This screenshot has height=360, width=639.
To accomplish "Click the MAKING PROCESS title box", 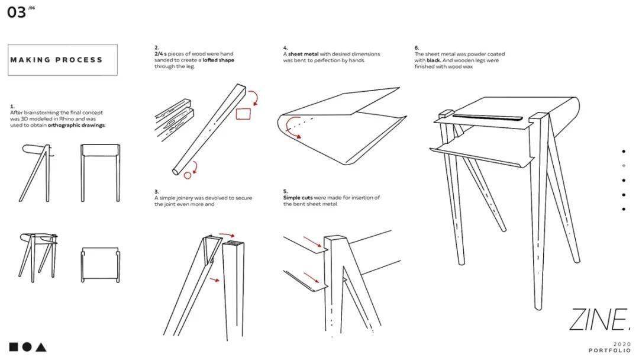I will coord(62,60).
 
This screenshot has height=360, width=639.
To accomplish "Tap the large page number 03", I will coord(17,12).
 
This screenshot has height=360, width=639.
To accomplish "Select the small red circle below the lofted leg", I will coord(188,175).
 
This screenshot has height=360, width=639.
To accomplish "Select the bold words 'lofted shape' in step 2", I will coord(218,60).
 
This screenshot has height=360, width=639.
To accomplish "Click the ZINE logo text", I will coord(598,320).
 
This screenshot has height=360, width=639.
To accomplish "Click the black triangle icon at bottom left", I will coord(40,347).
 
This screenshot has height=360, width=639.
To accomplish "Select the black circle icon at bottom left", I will coord(27,347).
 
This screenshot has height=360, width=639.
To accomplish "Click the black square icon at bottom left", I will coord(13,347).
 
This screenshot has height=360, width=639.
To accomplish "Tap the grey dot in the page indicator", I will coord(624,166).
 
